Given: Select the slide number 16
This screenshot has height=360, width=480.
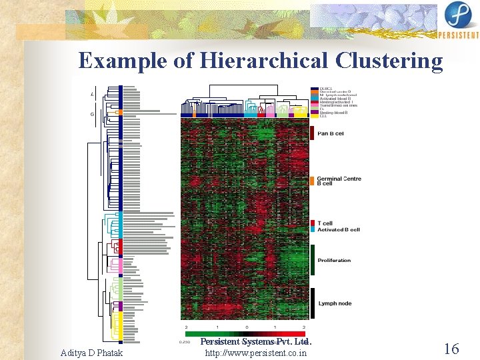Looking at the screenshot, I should pyautogui.click(x=451, y=348).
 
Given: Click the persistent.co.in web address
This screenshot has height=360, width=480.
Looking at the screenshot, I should pyautogui.click(x=257, y=352).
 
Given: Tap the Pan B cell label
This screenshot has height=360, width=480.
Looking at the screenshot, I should pyautogui.click(x=331, y=133).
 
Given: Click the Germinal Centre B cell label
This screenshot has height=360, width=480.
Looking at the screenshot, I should pyautogui.click(x=339, y=181).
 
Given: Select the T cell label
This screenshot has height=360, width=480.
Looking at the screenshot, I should pyautogui.click(x=325, y=223).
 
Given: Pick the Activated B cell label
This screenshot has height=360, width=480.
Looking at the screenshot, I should pyautogui.click(x=339, y=229).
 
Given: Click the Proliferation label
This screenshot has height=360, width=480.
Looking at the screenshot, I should pyautogui.click(x=334, y=260).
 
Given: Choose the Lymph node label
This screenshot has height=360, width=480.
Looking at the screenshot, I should pyautogui.click(x=335, y=303).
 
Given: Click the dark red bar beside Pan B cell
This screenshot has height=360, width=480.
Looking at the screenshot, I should pyautogui.click(x=313, y=133).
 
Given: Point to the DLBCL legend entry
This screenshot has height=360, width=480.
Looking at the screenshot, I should pyautogui.click(x=326, y=89).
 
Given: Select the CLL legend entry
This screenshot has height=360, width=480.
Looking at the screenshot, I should pyautogui.click(x=323, y=116).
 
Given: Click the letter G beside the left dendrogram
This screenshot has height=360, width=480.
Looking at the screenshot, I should pyautogui.click(x=92, y=114).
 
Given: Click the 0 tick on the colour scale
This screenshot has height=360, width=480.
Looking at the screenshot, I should pyautogui.click(x=247, y=328).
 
